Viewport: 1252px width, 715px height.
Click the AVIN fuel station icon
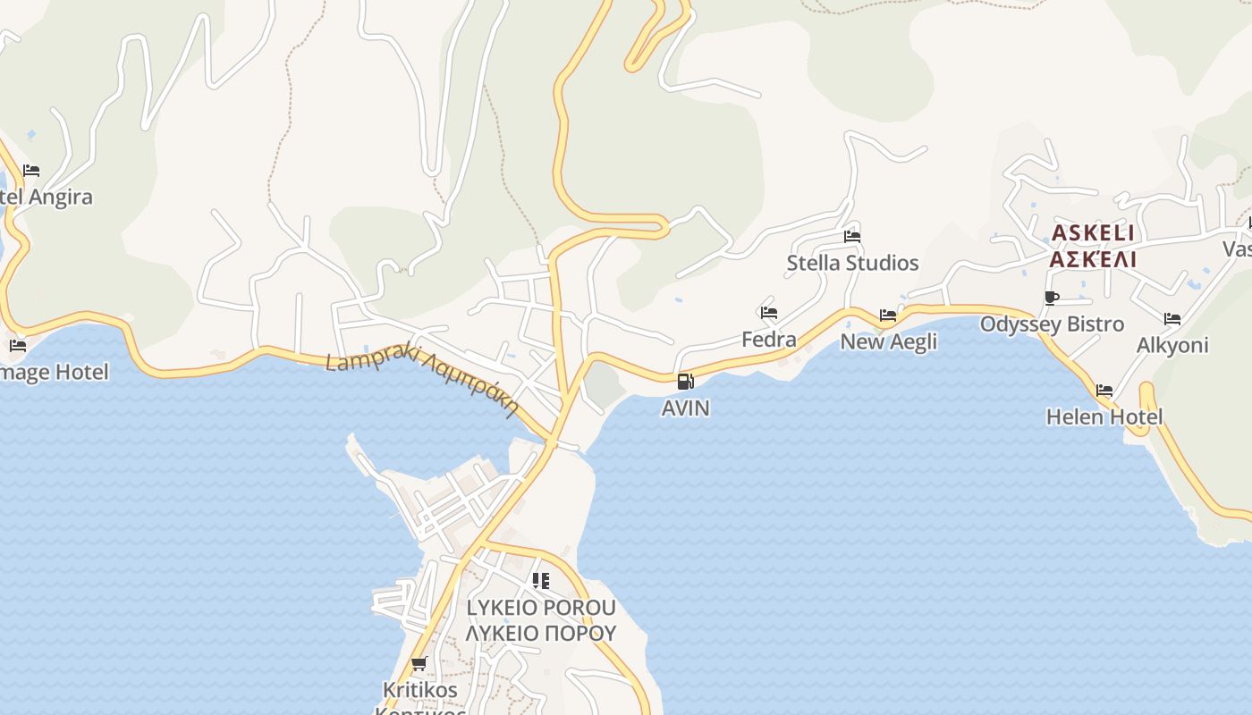(685, 382)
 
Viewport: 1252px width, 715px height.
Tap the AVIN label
(685, 408)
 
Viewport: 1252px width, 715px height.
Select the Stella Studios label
(852, 263)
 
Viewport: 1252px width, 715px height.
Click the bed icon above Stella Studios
(852, 237)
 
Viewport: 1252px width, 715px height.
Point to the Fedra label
(769, 340)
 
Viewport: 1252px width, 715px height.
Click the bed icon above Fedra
(769, 313)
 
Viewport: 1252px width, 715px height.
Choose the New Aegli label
(889, 341)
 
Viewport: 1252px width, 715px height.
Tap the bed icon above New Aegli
(888, 315)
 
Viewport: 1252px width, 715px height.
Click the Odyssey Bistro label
(1052, 324)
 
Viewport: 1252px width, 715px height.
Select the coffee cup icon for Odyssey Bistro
(1052, 298)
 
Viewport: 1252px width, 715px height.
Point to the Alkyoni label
(1172, 345)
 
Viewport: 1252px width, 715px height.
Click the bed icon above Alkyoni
(1172, 319)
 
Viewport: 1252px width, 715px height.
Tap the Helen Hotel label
(1104, 416)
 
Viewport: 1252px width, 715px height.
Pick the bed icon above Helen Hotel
(1104, 391)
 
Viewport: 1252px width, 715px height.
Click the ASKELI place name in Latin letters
(1092, 233)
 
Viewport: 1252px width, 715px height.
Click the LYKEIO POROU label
(541, 608)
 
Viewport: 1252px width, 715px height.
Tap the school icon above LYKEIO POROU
(540, 581)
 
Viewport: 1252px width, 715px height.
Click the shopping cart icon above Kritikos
(419, 663)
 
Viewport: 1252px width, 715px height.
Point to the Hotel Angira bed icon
(31, 171)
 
